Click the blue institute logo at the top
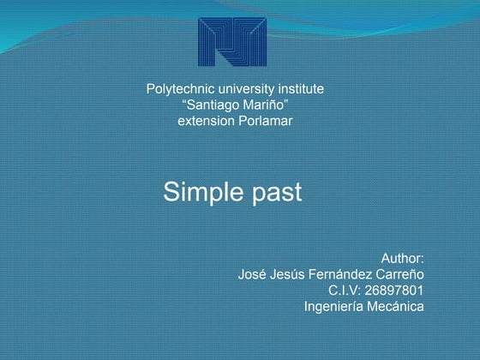pos(232,42)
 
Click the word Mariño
pos(267,105)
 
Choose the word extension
pos(204,121)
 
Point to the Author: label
pos(402,258)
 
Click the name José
pos(253,274)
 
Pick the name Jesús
pos(292,274)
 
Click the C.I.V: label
pos(348,291)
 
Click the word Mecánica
pos(396,307)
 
